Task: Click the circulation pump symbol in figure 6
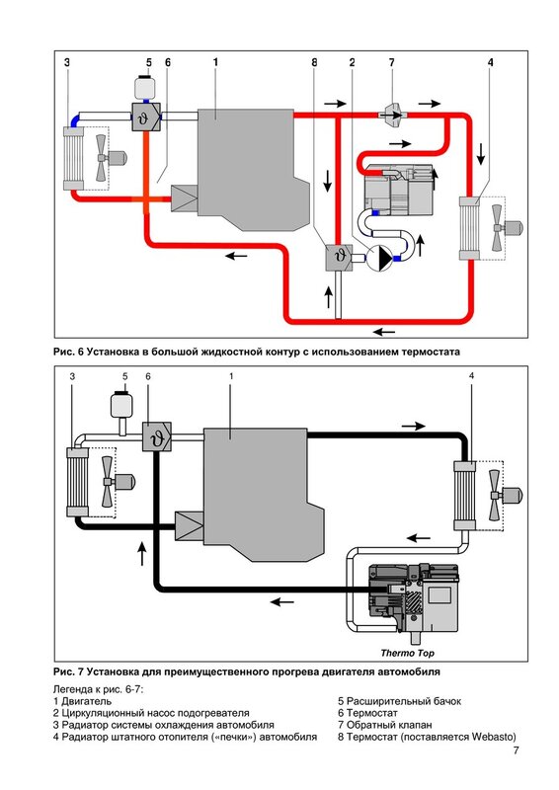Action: (378, 259)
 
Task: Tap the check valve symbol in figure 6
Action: (392, 115)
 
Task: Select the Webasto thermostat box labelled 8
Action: (338, 257)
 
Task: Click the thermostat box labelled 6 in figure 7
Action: (157, 436)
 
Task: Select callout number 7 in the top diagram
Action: (392, 62)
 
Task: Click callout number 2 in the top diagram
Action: (352, 62)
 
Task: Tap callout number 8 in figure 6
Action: (314, 62)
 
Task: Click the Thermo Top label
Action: (407, 653)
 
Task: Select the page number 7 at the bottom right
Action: (516, 750)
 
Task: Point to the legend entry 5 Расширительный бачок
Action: (399, 701)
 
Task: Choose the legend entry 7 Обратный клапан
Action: (384, 725)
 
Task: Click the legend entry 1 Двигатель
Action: (82, 701)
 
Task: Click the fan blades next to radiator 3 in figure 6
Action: (102, 158)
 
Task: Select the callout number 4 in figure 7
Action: (471, 376)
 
